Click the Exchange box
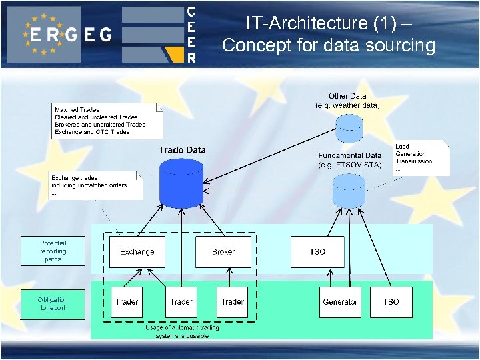coord(137,252)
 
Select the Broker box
coord(223,252)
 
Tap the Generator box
coord(340,302)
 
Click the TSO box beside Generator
coord(391,302)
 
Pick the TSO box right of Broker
coord(318,252)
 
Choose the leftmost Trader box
coord(127,302)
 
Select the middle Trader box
coord(181,302)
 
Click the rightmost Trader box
coord(233,302)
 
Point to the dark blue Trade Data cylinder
coord(182,181)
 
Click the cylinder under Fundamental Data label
coord(349,190)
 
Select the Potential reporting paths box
coord(53,251)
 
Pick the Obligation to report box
coord(53,304)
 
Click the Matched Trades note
coord(107,121)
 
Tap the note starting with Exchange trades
coord(96,185)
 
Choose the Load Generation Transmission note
coord(420,157)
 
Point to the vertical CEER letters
coord(191,34)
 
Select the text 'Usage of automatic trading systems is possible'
coord(181,331)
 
